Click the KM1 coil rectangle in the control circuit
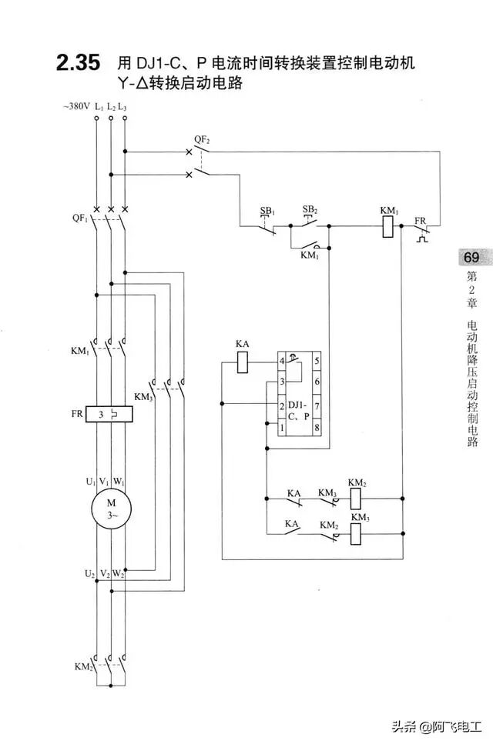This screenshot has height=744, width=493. point(390,227)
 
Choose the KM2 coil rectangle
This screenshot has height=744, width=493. point(357,498)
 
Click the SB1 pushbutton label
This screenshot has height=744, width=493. point(267,211)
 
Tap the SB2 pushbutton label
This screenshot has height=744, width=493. point(310,209)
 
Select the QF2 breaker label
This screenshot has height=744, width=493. point(201,139)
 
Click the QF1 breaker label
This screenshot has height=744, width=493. point(79,219)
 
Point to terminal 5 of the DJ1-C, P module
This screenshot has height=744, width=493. point(317,360)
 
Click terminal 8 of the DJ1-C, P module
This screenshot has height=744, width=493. point(317,425)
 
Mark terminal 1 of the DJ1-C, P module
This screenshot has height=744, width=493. point(283,425)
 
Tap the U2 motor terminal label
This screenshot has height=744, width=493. point(90,574)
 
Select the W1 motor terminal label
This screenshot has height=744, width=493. point(118,481)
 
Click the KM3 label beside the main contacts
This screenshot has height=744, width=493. point(143,397)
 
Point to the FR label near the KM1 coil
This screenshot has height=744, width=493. point(421,221)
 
